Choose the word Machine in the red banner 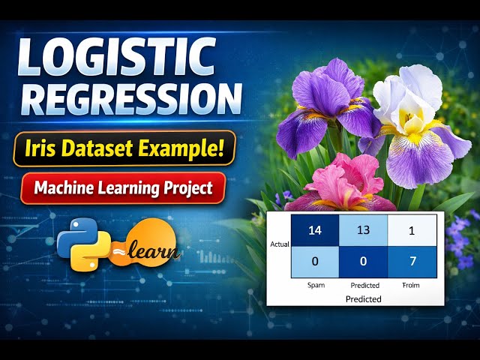[66, 187]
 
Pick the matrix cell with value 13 [364, 229]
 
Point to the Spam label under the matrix [315, 285]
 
